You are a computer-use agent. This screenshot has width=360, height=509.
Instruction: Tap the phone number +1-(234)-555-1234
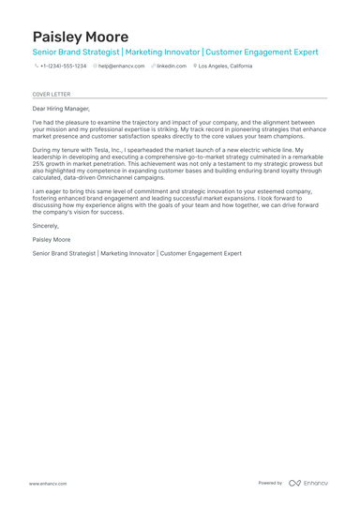[63, 67]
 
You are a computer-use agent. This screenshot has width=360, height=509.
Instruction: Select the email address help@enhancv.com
[122, 67]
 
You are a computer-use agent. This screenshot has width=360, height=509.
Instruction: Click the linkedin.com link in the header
[171, 67]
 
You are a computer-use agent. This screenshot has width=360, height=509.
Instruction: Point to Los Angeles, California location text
[225, 67]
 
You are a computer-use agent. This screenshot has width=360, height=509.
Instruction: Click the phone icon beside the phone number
[36, 67]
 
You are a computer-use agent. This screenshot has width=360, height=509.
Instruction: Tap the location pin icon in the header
[195, 67]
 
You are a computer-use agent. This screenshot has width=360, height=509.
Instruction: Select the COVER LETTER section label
[51, 95]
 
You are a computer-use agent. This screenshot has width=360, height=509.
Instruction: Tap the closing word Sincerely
[45, 226]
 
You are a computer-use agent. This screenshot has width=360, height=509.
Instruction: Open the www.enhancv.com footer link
[47, 483]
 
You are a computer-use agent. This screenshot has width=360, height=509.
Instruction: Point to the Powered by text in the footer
[270, 483]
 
